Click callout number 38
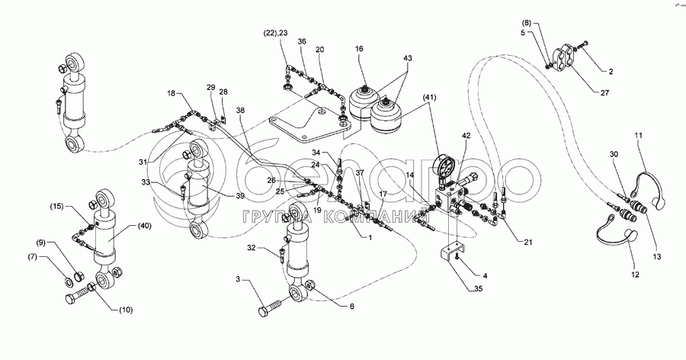(242, 111)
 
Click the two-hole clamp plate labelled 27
(566, 58)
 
